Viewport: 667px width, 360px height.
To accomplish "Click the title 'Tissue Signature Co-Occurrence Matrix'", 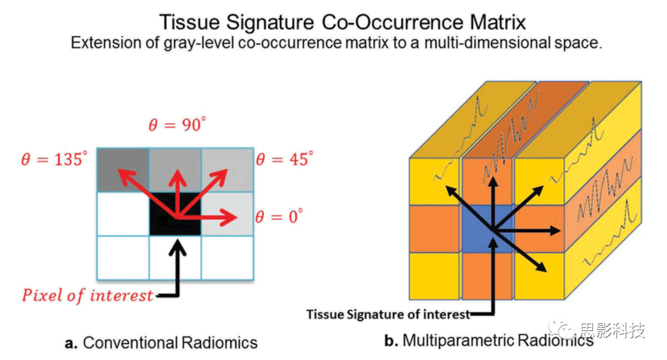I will click(343, 22).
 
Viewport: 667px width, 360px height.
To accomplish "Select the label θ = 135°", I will click(56, 161).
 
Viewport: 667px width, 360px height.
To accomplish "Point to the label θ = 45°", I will click(285, 161).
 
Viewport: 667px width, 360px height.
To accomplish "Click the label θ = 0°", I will click(279, 217).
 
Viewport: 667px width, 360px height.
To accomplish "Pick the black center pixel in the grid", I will click(175, 214).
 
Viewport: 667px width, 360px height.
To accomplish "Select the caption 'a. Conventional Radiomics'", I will click(161, 343).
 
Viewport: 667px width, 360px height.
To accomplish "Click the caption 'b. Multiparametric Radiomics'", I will click(489, 340).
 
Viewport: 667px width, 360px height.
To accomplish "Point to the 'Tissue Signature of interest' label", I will click(388, 314).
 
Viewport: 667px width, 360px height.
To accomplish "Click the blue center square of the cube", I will click(488, 228).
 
